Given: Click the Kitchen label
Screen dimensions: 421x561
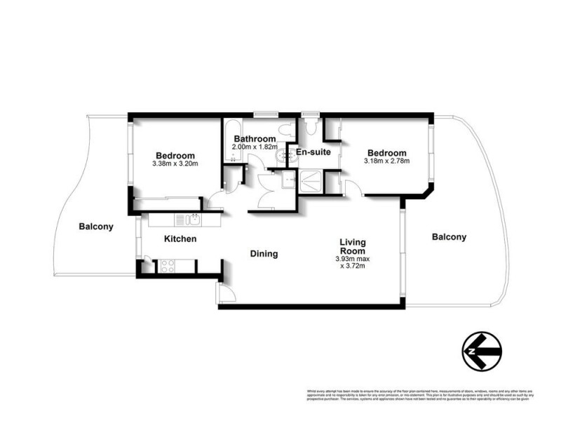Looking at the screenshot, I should pos(180,239).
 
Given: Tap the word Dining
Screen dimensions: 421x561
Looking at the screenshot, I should pos(264,254).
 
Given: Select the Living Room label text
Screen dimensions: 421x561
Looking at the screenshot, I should pos(352,246).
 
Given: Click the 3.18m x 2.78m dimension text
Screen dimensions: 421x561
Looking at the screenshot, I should pos(386,161).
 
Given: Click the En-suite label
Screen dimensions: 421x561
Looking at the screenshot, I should pos(312,152).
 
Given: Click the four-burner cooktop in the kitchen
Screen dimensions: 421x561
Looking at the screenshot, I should pos(169,266).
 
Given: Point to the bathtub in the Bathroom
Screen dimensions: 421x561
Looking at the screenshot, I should pos(232,140).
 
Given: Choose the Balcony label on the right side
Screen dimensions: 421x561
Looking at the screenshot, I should pos(449,237).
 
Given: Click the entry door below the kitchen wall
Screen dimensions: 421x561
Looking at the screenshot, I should pos(222,293).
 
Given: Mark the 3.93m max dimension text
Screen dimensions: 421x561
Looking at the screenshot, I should pos(352,259).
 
